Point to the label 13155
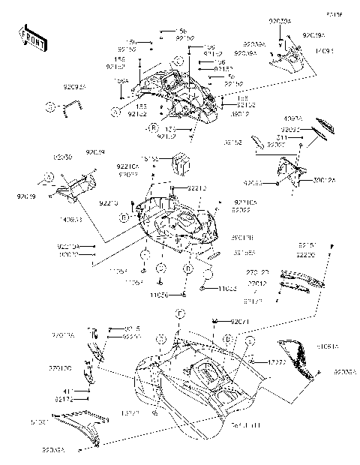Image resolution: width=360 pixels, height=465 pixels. coord(151,159)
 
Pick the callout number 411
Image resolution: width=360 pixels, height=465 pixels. coord(66,391)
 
